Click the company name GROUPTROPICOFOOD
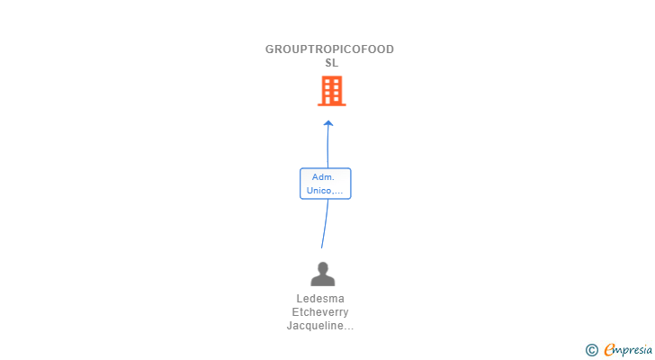tap(329, 49)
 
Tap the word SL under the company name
tap(331, 63)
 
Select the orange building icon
tap(331, 91)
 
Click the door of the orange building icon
tap(331, 100)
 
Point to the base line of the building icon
tap(331, 105)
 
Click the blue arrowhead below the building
tap(328, 123)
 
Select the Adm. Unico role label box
tap(325, 184)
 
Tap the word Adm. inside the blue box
tap(323, 177)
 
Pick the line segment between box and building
tap(327, 146)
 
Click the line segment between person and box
tap(325, 223)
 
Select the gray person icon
tap(322, 274)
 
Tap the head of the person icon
tap(322, 267)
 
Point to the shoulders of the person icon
tap(322, 280)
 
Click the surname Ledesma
tap(320, 299)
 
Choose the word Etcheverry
tap(320, 312)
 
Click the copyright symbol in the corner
tap(591, 350)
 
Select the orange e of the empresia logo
tap(609, 350)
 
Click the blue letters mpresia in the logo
tap(632, 350)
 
